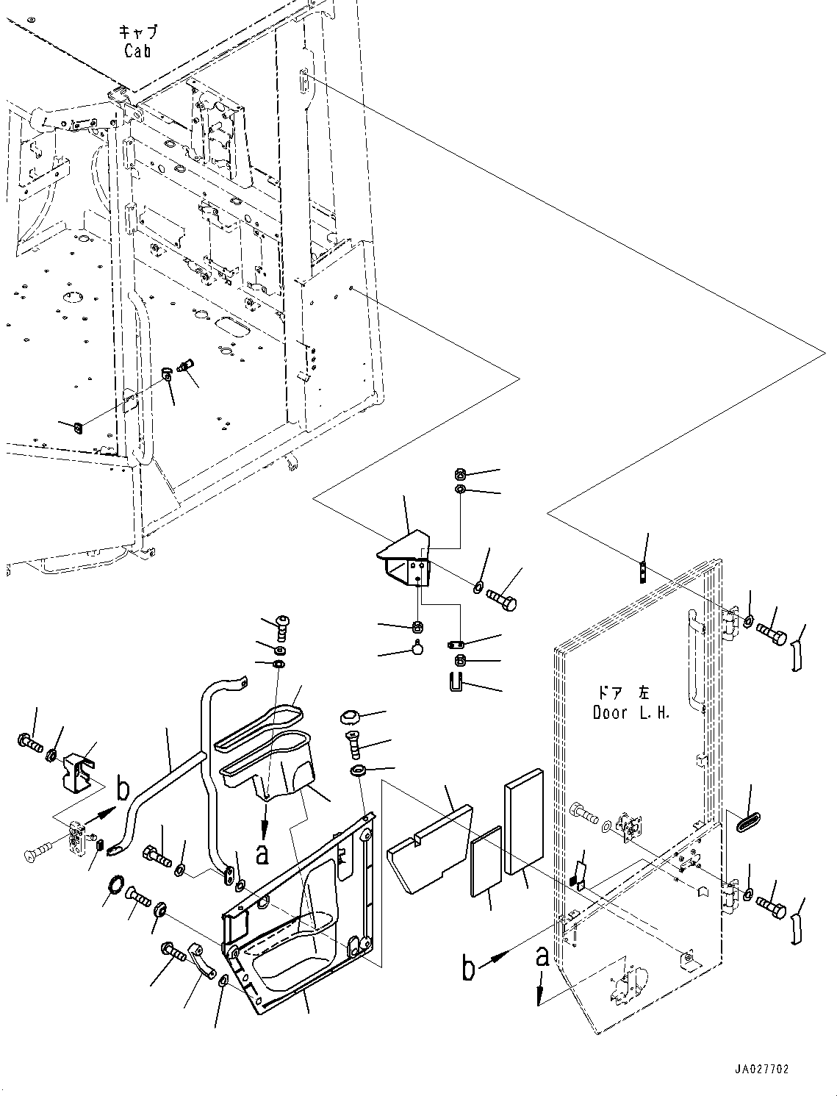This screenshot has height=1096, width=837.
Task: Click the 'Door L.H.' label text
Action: click(x=631, y=712)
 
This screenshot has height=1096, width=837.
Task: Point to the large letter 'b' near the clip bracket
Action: click(x=123, y=792)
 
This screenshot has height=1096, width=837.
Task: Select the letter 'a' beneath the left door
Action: click(x=542, y=957)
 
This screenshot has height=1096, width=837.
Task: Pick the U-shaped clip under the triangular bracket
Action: click(x=456, y=681)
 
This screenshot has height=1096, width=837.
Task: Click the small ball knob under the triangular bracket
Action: click(x=418, y=648)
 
